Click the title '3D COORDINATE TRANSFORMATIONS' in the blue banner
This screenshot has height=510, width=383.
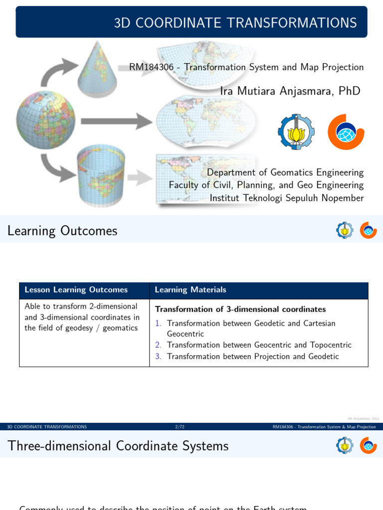click(235, 22)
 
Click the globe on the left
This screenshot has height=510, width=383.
click(46, 120)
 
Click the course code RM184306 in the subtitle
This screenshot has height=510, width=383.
click(152, 67)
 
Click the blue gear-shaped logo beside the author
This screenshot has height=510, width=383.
click(296, 132)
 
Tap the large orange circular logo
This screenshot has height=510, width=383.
click(346, 132)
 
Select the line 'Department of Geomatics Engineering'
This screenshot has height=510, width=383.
click(285, 172)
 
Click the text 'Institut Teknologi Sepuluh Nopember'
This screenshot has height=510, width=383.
click(286, 198)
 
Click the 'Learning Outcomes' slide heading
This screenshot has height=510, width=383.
click(62, 231)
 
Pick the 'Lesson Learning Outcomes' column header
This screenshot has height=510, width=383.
click(76, 290)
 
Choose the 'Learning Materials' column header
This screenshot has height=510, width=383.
click(191, 290)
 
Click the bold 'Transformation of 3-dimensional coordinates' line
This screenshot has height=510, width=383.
click(240, 309)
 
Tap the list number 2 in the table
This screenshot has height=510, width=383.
click(158, 345)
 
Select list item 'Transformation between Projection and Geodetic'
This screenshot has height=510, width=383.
click(253, 356)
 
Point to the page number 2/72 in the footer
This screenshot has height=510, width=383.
click(180, 427)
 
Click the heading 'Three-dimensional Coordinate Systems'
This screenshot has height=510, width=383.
click(118, 446)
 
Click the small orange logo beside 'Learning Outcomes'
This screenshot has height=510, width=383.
click(369, 230)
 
